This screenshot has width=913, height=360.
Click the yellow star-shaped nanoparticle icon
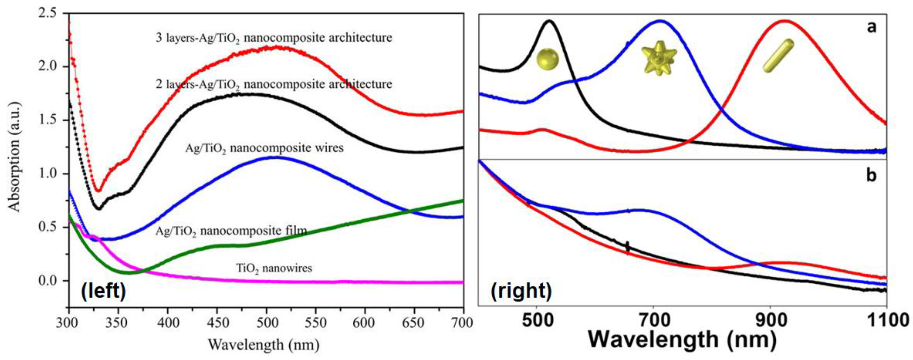click(659, 58)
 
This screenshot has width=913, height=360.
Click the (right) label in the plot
click(521, 291)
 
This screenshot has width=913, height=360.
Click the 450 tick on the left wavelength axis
click(217, 323)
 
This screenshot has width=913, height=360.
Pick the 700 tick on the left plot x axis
click(463, 323)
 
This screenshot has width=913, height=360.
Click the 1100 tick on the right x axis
click(887, 322)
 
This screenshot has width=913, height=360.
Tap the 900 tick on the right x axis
click(769, 322)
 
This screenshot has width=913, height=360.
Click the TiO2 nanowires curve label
click(274, 268)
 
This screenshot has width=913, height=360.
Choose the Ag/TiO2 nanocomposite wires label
click(264, 148)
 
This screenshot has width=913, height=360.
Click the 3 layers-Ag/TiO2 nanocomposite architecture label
click(274, 37)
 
